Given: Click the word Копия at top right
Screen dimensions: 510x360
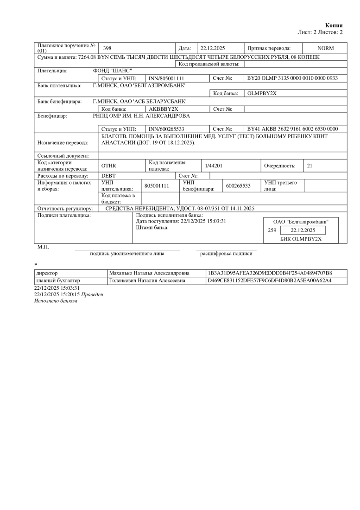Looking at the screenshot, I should [334, 25].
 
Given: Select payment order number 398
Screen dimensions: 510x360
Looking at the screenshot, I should [107, 48].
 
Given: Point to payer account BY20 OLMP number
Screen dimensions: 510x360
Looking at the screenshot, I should [292, 78].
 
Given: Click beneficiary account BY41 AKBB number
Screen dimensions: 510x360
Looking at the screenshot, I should [292, 129].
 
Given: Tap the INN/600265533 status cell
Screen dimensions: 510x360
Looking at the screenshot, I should [167, 129].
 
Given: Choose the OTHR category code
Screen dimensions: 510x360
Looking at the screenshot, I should [108, 166].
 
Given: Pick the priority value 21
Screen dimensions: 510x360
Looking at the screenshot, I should [310, 166].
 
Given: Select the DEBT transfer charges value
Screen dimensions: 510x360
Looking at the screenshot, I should [108, 176].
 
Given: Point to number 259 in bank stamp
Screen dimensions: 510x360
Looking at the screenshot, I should [272, 230].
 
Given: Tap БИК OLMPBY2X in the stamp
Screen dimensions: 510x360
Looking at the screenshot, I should [301, 239].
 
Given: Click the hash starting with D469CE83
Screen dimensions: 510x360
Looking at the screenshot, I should [271, 280].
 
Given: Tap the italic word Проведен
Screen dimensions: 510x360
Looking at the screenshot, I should [92, 294].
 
